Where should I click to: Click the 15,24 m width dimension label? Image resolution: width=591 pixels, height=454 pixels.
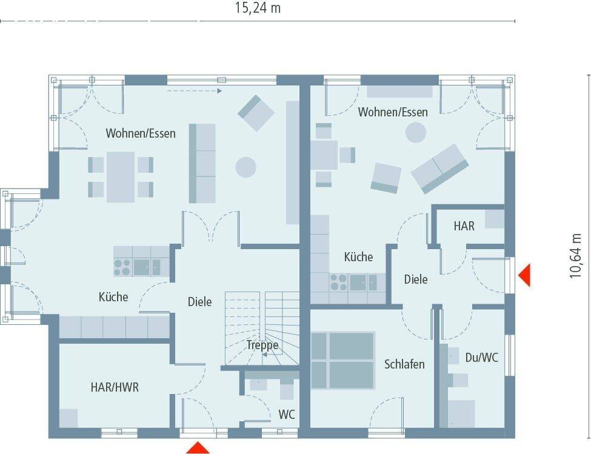coord(258,8)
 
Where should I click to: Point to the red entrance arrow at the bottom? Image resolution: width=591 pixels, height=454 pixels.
coord(197,448)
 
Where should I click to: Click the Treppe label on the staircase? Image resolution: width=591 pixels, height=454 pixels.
coord(262,345)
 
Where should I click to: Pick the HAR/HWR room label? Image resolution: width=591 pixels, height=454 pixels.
coord(115,387)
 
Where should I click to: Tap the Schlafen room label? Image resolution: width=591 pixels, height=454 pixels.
coord(404,364)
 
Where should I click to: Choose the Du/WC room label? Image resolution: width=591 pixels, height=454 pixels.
coord(482,358)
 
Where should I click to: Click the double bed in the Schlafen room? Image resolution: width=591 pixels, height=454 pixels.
coord(343,360)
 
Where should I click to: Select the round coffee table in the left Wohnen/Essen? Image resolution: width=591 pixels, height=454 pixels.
coord(245,167)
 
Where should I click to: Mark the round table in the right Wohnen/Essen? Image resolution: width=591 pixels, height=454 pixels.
coord(416,133)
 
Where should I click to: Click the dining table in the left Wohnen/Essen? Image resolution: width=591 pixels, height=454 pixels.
coord(121,176)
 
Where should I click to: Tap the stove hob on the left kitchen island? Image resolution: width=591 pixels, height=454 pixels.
coord(122,267)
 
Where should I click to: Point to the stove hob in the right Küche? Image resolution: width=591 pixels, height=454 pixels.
coord(338,282)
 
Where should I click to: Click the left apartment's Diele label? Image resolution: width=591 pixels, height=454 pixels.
coord(199,301)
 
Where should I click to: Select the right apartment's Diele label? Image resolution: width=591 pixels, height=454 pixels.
coord(416,279)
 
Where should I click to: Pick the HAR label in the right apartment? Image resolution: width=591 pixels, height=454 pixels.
coord(464,226)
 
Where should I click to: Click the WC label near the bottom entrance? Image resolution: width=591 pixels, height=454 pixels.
coord(287,415)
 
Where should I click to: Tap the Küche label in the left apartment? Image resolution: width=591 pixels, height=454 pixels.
coord(113,296)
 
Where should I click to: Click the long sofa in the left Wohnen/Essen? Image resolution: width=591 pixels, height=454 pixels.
coord(202,163)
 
